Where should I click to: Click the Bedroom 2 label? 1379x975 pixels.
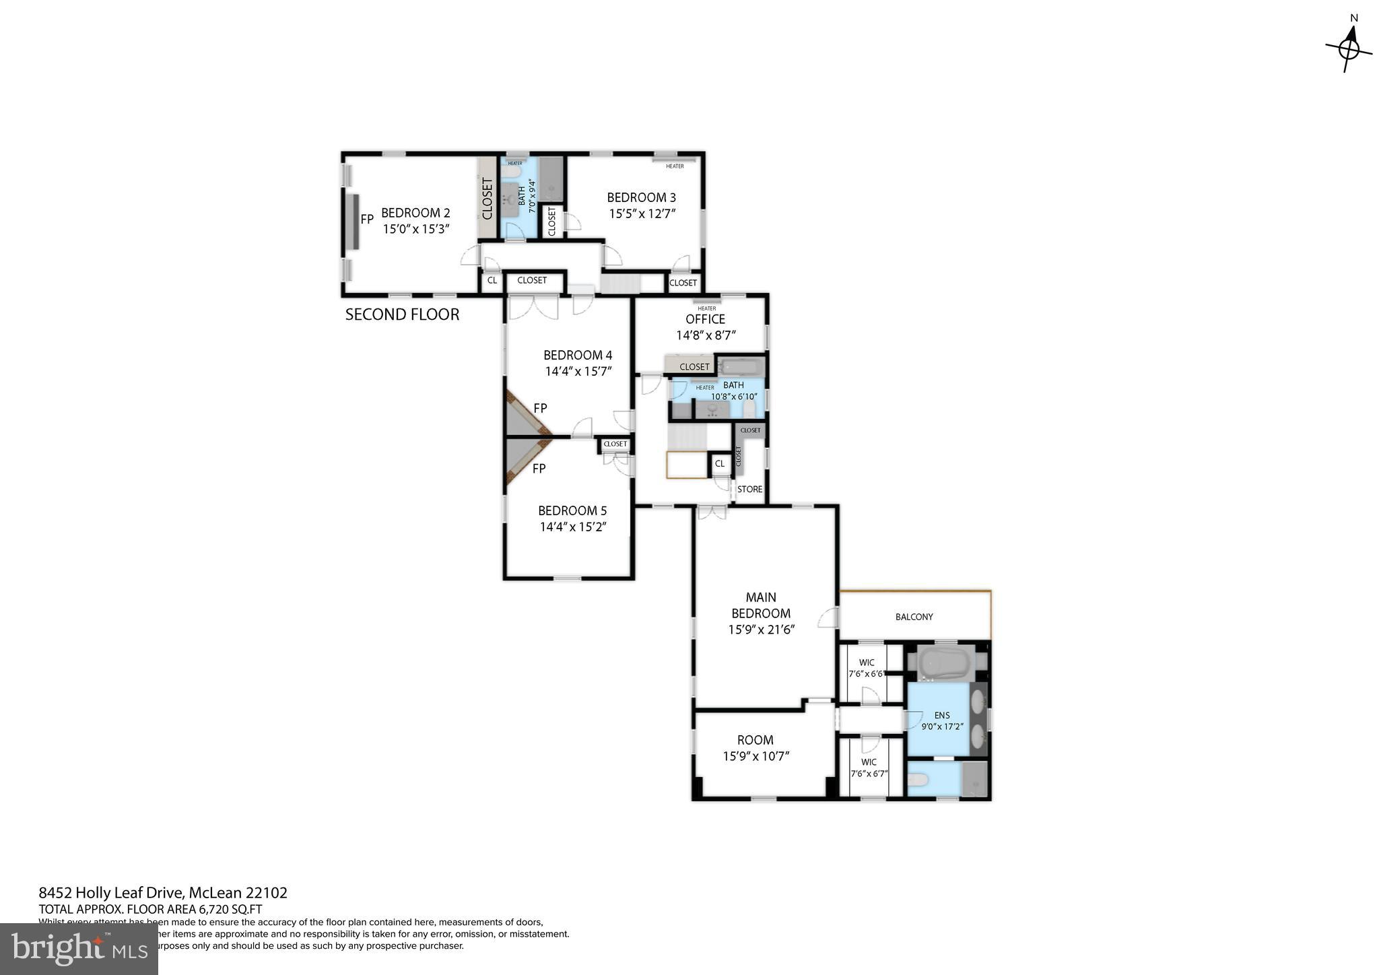click(x=415, y=213)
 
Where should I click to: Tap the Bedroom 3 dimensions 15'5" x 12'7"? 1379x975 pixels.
click(x=642, y=213)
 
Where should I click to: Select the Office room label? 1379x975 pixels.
click(x=705, y=319)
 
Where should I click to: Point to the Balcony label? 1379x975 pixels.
click(x=914, y=617)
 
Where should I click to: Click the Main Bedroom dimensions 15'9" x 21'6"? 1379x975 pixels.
click(x=761, y=630)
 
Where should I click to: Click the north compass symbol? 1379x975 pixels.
click(x=1349, y=48)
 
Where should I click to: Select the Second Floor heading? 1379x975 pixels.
click(x=402, y=314)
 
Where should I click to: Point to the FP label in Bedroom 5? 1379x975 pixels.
click(x=539, y=469)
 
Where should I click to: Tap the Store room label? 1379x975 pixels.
click(x=749, y=490)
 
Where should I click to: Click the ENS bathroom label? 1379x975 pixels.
click(x=941, y=715)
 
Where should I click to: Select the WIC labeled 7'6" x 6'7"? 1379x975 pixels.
click(x=869, y=768)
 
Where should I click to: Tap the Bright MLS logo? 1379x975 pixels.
click(x=79, y=949)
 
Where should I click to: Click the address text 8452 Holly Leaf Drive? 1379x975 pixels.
click(x=111, y=893)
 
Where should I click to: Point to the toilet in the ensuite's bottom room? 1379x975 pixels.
click(x=918, y=781)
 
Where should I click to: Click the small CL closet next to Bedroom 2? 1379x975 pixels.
click(x=492, y=280)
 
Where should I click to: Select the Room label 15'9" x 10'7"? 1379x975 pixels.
click(x=755, y=747)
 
